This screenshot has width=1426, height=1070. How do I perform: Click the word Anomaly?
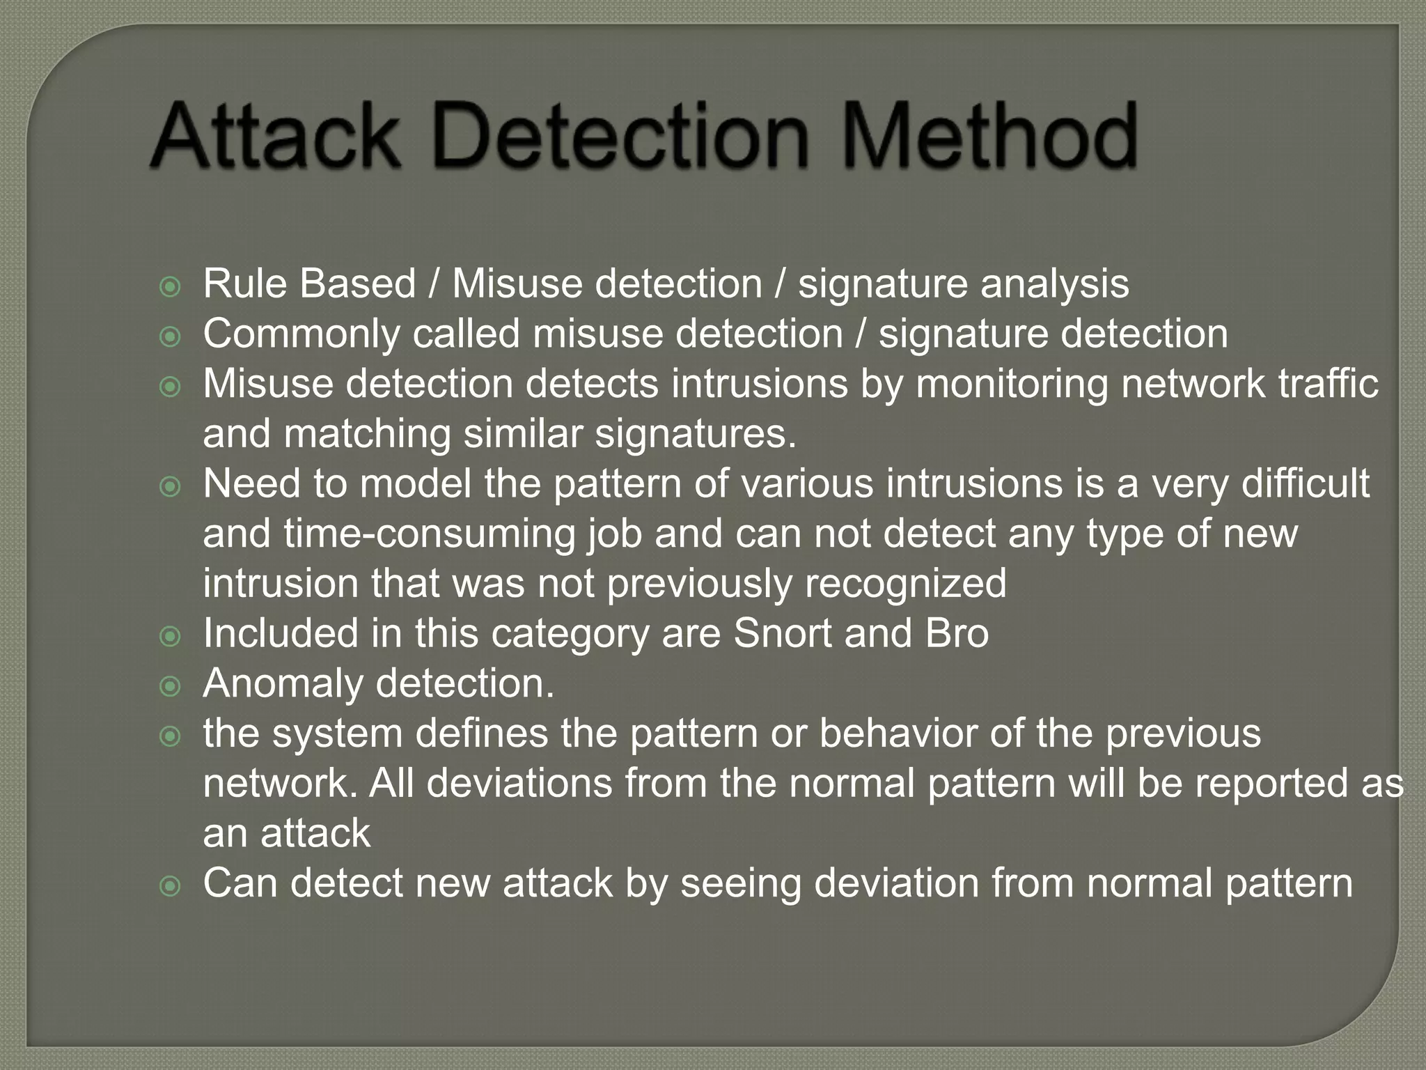coord(283,684)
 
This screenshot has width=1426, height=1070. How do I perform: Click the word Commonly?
coord(301,334)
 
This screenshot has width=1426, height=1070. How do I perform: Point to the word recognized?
coord(905,584)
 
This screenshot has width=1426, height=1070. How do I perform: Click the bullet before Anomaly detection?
coord(170,686)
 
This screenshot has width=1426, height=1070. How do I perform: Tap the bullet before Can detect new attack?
coord(170,886)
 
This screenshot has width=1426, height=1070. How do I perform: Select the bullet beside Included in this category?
coord(170,636)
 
